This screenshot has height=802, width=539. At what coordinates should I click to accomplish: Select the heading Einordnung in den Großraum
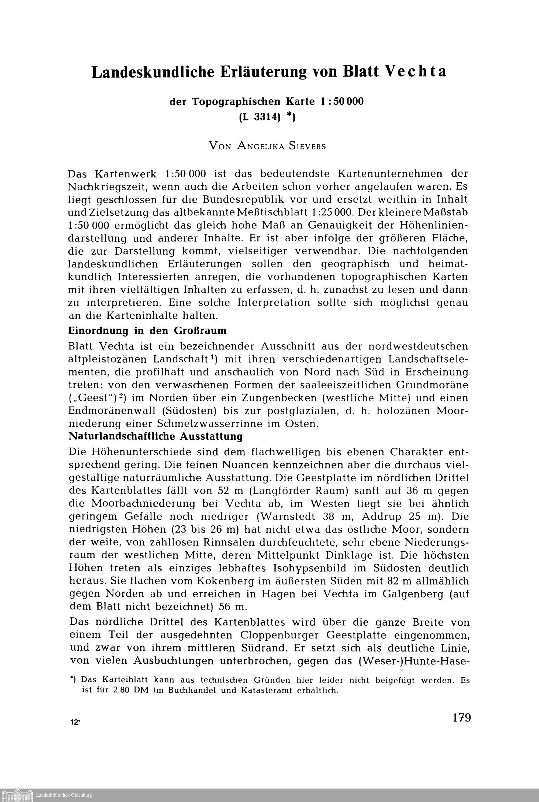[x=147, y=331]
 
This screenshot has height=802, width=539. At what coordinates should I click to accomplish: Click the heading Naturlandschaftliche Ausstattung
[x=156, y=436]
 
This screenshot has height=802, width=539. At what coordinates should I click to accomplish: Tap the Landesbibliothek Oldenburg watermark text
[x=64, y=795]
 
